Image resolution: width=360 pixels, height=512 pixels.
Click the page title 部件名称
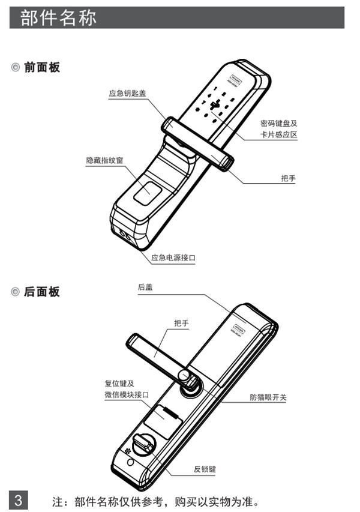tap(58, 18)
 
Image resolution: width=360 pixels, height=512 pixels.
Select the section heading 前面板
tap(42, 67)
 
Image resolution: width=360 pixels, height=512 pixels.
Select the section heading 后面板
tap(42, 292)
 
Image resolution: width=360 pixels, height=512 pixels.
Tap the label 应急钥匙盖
tap(127, 93)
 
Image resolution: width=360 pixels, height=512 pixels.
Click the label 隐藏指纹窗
tap(104, 161)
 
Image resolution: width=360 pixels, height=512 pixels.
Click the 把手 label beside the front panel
tap(288, 179)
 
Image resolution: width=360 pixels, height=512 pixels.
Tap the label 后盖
tap(145, 287)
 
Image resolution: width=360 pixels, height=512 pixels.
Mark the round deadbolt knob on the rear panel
tap(145, 445)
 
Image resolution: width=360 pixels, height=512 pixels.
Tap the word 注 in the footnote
tap(58, 501)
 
